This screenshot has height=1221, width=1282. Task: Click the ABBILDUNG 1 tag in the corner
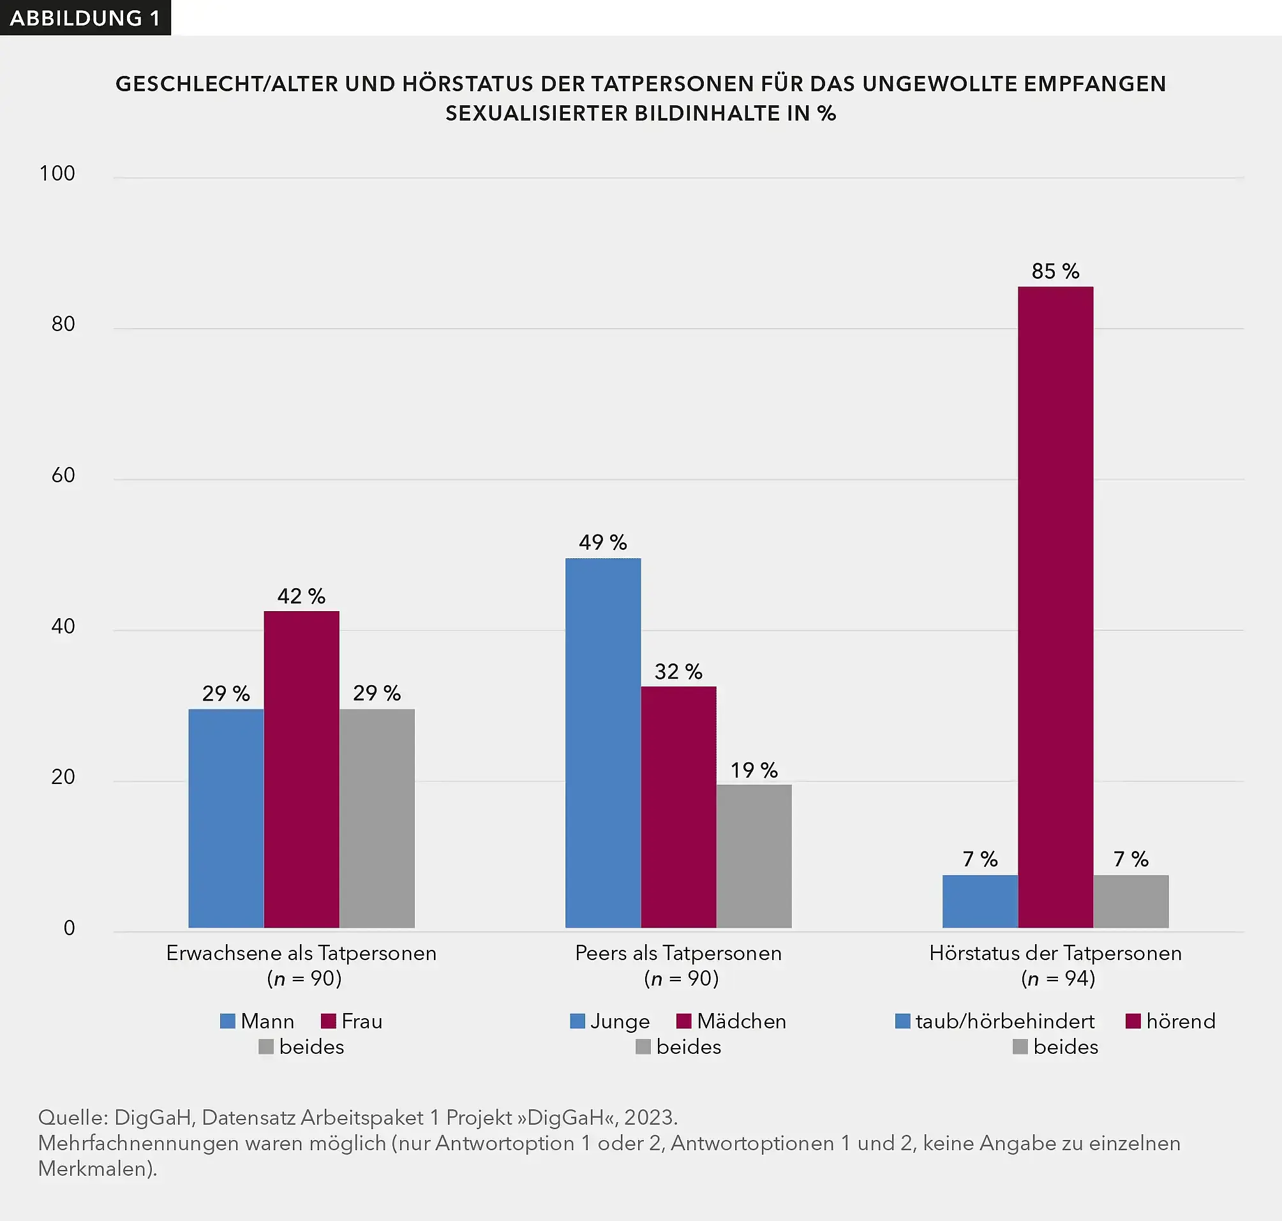click(85, 18)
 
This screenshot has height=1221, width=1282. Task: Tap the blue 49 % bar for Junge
click(602, 742)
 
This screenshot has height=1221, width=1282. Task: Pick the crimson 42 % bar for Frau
click(301, 769)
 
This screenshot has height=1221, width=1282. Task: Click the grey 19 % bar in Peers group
click(754, 855)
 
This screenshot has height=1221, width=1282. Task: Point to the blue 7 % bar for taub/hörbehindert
click(980, 901)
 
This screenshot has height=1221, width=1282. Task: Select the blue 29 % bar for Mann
click(225, 817)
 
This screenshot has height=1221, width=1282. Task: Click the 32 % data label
click(678, 671)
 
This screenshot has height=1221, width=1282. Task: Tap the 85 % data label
click(1055, 270)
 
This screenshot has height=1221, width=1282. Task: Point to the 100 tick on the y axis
click(57, 173)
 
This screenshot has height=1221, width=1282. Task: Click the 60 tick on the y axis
click(63, 475)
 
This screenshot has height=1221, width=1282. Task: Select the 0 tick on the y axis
click(69, 928)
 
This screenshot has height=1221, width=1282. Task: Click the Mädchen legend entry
click(731, 1021)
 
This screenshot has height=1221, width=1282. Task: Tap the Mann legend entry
click(257, 1021)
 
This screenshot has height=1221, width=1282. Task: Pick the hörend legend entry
click(1170, 1021)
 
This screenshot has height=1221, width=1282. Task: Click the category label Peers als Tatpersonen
click(678, 953)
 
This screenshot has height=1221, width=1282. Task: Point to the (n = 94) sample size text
click(1057, 978)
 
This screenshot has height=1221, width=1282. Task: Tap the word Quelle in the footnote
click(72, 1117)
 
